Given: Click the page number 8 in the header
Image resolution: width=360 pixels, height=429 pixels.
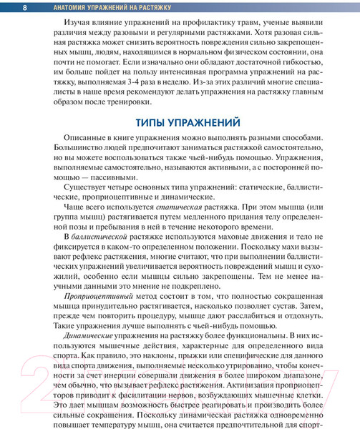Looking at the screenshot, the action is (25, 7).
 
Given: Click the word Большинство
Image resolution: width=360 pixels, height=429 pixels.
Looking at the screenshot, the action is (56, 154).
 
